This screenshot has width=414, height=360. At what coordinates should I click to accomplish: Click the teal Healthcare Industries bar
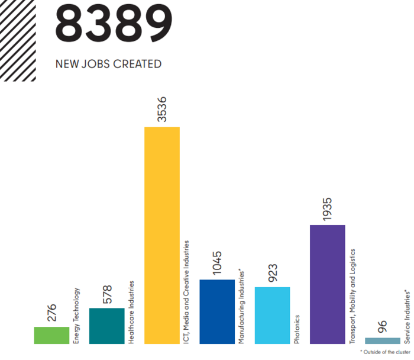[106, 326]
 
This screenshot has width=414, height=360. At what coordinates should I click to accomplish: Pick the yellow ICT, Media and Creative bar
[162, 235]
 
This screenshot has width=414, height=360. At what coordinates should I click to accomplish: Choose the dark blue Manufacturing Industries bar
[217, 311]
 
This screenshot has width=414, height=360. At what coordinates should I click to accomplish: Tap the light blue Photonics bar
[272, 315]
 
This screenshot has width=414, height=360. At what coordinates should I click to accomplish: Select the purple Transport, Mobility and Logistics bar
[327, 284]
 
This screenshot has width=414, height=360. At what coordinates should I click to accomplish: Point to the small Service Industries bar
[383, 340]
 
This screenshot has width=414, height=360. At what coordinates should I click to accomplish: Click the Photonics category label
[297, 330]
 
